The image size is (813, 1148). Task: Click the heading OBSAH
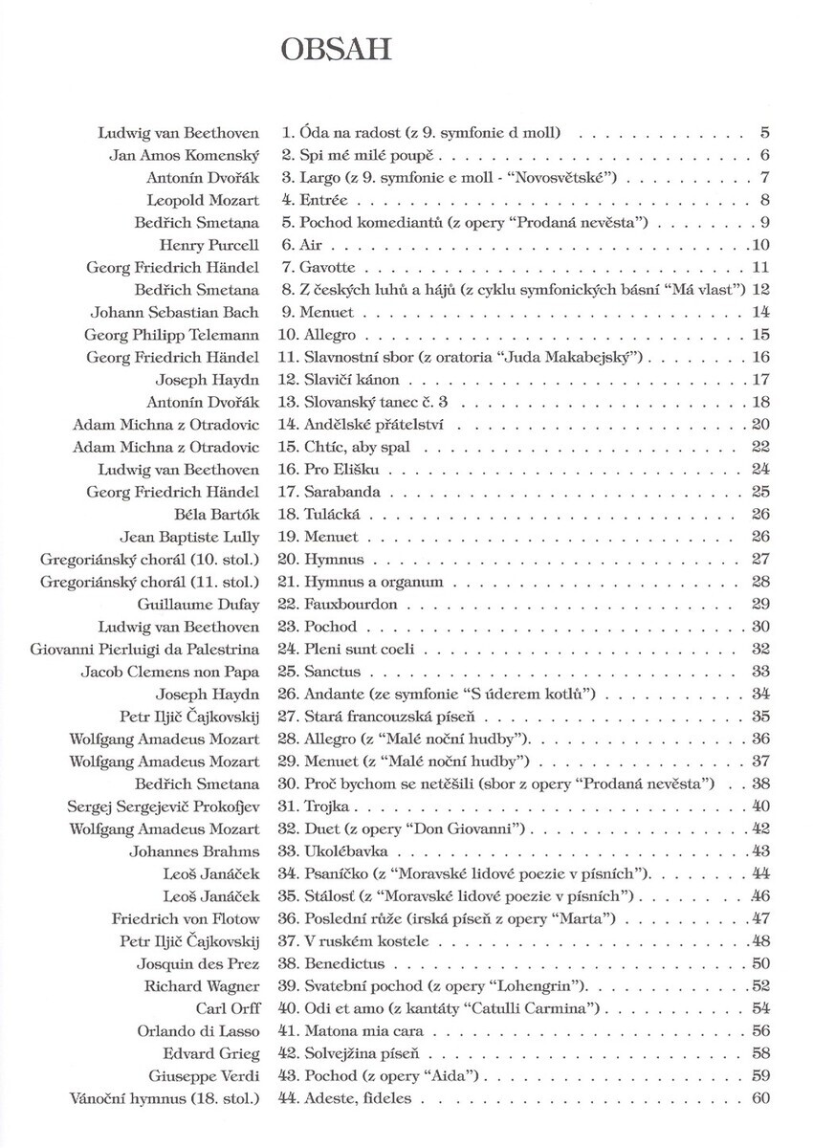[336, 49]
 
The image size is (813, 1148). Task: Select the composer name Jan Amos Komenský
[179, 155]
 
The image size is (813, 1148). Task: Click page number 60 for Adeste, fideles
[760, 1098]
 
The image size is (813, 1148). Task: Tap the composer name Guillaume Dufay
[198, 605]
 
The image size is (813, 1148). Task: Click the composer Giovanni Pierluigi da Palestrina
[144, 650]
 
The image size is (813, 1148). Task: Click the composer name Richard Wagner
[202, 986]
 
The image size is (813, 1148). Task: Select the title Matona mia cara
[363, 1031]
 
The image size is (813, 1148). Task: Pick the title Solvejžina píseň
[363, 1053]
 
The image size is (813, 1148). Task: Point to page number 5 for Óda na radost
[765, 132]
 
